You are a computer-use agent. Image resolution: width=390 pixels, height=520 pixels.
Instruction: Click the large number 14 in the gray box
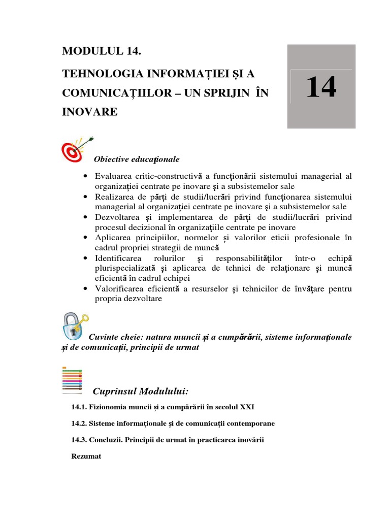(321, 87)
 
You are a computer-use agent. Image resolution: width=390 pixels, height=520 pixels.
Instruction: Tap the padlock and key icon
(74, 325)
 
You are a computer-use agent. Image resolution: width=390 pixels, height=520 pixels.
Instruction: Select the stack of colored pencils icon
(72, 380)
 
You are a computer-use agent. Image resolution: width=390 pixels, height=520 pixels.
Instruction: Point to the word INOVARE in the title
(89, 111)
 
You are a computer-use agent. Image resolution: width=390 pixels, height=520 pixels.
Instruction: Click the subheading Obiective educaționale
(137, 159)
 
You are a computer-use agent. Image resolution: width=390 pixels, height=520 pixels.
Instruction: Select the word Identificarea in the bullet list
(118, 258)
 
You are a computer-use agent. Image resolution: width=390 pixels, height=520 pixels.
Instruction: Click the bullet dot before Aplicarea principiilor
(85, 238)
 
